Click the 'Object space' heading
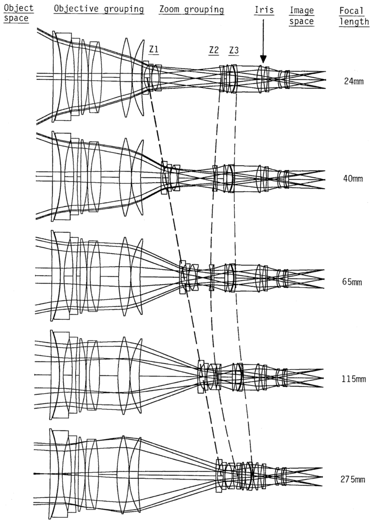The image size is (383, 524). coord(18,13)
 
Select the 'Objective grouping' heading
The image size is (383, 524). coord(99,9)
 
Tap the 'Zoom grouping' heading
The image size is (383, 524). coord(191,10)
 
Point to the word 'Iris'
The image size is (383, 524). coord(264,10)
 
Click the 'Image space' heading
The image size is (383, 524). coord(302,16)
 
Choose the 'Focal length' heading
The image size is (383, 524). coord(354,16)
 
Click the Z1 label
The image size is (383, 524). coord(154,49)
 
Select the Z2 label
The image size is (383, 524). coord(214,50)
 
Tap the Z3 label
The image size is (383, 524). coord(234,50)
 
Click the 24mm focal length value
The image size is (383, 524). coord(354,81)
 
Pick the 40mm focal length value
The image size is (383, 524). coord(353,179)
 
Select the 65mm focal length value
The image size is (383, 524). coord(352,282)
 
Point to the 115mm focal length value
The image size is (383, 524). coord(354,379)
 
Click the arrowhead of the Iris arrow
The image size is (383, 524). coord(263,59)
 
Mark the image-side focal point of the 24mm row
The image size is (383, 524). coord(325,80)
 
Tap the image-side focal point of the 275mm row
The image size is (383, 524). coord(322,477)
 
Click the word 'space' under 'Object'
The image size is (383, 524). coord(16,18)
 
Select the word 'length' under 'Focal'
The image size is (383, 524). coord(354,22)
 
